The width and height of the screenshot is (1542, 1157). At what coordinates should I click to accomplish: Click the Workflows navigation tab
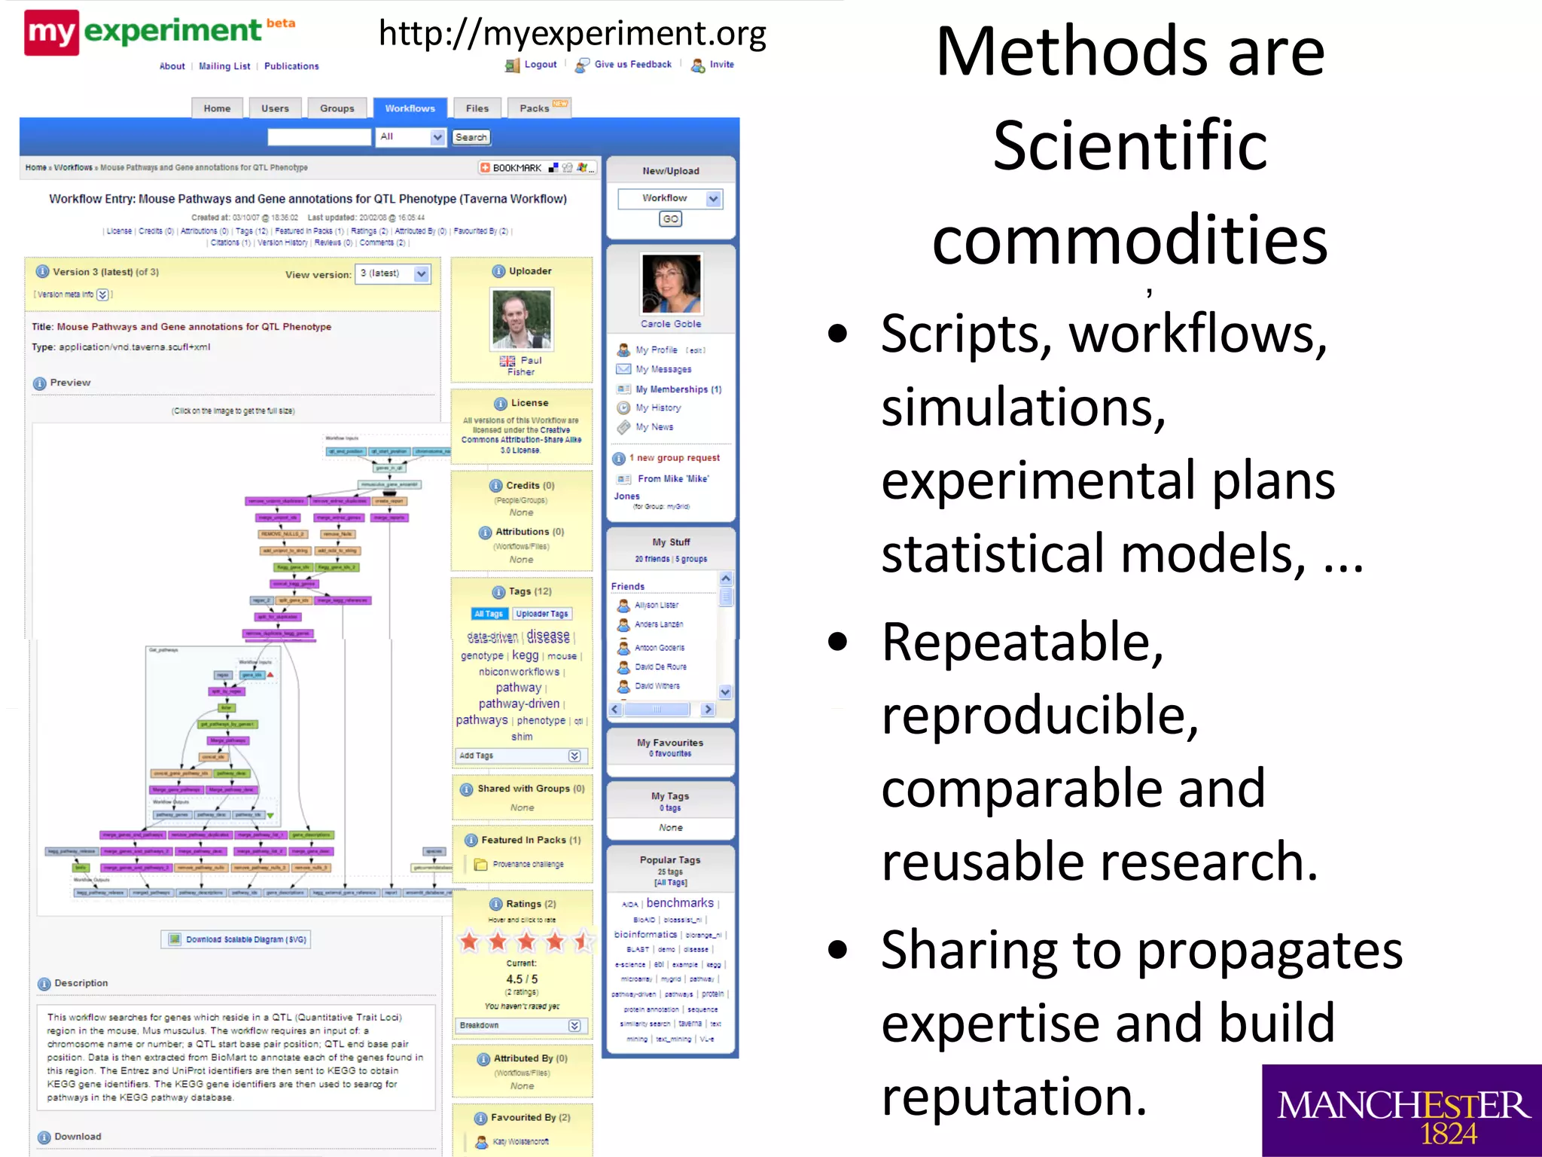tap(410, 108)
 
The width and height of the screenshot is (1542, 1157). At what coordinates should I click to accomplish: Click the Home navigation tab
tap(217, 108)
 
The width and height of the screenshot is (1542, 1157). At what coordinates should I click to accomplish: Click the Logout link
tap(540, 65)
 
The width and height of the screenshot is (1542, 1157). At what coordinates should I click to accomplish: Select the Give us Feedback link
tap(632, 65)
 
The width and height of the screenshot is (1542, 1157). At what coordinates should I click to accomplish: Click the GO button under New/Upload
tap(670, 219)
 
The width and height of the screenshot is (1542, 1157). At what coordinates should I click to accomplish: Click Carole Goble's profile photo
tap(670, 284)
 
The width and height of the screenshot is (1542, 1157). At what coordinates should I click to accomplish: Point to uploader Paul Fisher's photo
tap(521, 319)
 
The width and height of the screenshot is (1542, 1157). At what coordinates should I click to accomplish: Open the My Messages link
tap(663, 369)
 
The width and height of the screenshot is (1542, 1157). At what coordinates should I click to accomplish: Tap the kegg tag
tap(525, 655)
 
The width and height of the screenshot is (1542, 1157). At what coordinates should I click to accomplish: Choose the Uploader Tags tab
tap(542, 614)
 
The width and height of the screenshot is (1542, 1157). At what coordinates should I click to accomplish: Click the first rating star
tap(470, 941)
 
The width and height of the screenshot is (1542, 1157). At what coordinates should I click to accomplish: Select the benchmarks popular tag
tap(680, 903)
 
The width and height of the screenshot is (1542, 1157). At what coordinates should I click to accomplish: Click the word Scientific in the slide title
tap(1129, 146)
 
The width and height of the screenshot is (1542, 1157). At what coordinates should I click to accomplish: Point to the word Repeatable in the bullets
tap(1022, 643)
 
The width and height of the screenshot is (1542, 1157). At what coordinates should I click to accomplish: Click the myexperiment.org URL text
tap(572, 34)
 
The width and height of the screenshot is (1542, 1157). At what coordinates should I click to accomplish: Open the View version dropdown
tap(393, 274)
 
